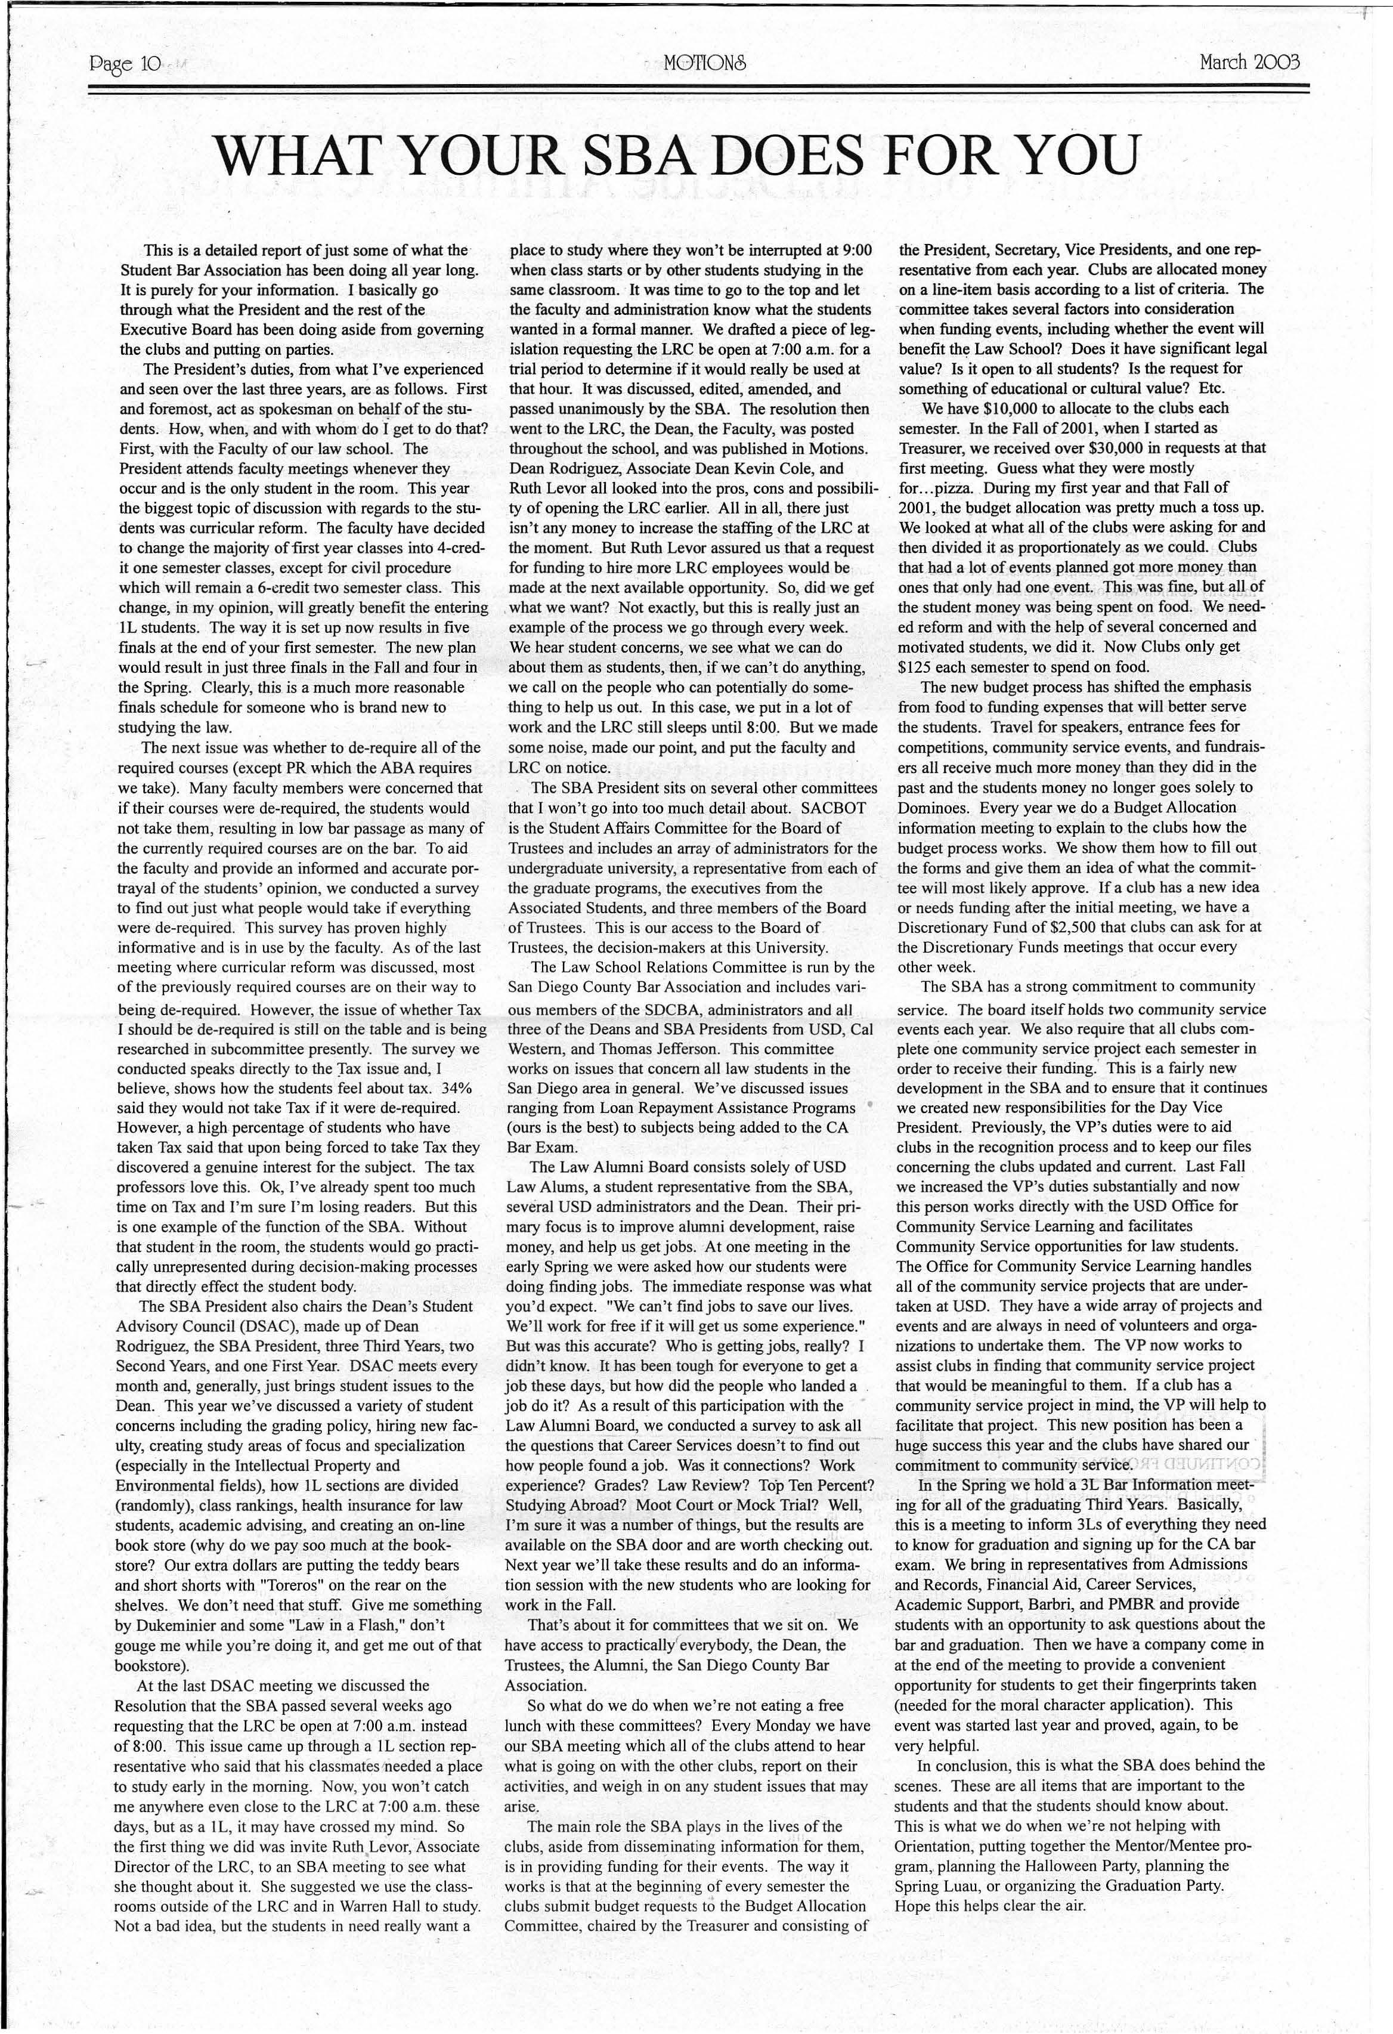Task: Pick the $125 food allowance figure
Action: pyautogui.click(x=918, y=666)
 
